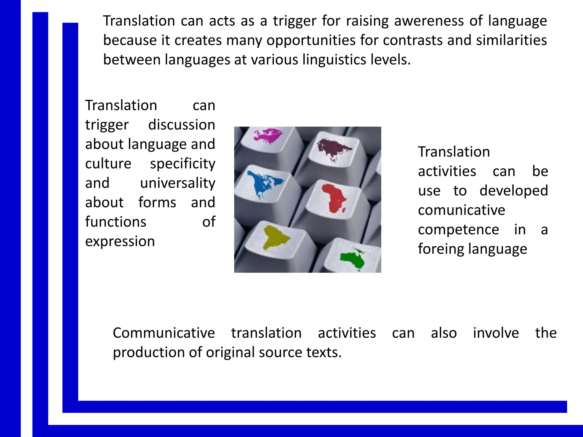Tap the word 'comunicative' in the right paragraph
click(x=461, y=210)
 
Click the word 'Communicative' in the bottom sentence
click(x=164, y=333)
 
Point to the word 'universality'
click(x=178, y=183)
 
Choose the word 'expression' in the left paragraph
click(x=120, y=241)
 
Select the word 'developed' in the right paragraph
click(x=514, y=191)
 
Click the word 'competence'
click(x=458, y=230)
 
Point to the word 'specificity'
click(x=182, y=164)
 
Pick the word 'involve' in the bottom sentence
click(x=496, y=333)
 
